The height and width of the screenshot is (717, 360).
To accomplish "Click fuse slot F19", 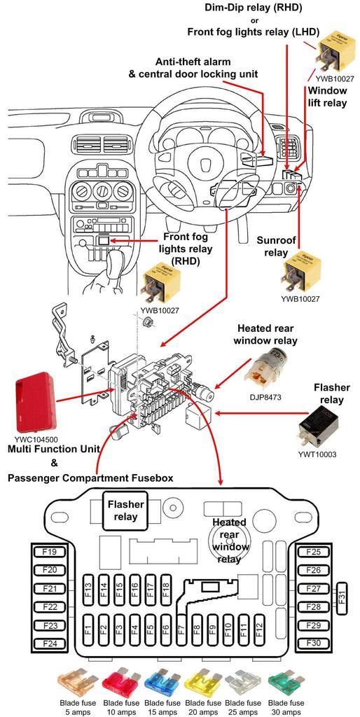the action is (x=50, y=552).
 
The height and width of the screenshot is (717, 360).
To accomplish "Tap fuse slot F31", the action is (x=342, y=598).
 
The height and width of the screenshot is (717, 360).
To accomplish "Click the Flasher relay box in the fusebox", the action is (x=125, y=510).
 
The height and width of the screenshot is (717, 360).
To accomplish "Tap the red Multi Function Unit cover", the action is (x=36, y=401).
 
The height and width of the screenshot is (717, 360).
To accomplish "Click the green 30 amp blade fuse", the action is (x=286, y=683).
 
